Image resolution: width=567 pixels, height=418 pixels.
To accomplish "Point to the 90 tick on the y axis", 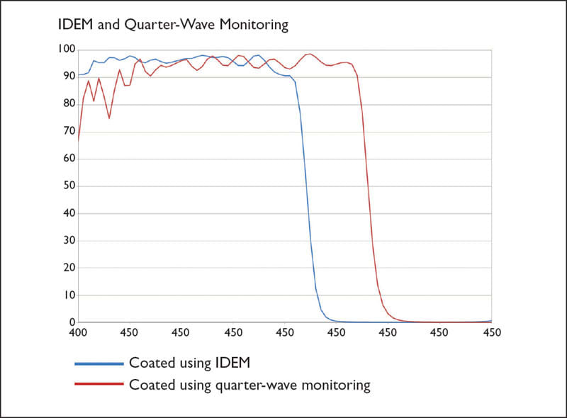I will point(67,77).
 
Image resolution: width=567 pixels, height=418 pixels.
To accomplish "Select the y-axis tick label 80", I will point(67,103).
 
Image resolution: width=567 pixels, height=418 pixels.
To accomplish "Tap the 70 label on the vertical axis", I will point(67,131).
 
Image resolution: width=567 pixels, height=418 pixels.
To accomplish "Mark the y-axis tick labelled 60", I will point(67,159).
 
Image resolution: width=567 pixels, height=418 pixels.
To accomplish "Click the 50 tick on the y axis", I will point(67,186).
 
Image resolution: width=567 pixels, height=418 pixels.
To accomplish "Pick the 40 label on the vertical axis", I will point(67,213).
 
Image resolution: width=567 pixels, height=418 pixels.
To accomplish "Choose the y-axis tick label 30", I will point(67,240).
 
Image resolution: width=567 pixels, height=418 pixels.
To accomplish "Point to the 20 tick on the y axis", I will point(67,268).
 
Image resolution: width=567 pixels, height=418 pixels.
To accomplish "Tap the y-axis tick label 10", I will point(67,295).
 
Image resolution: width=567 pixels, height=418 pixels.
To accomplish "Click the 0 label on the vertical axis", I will point(70,322).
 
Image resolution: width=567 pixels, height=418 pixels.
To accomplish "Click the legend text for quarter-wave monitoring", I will point(249,385).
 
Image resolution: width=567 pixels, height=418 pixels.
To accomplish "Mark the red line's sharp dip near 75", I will point(109,118).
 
